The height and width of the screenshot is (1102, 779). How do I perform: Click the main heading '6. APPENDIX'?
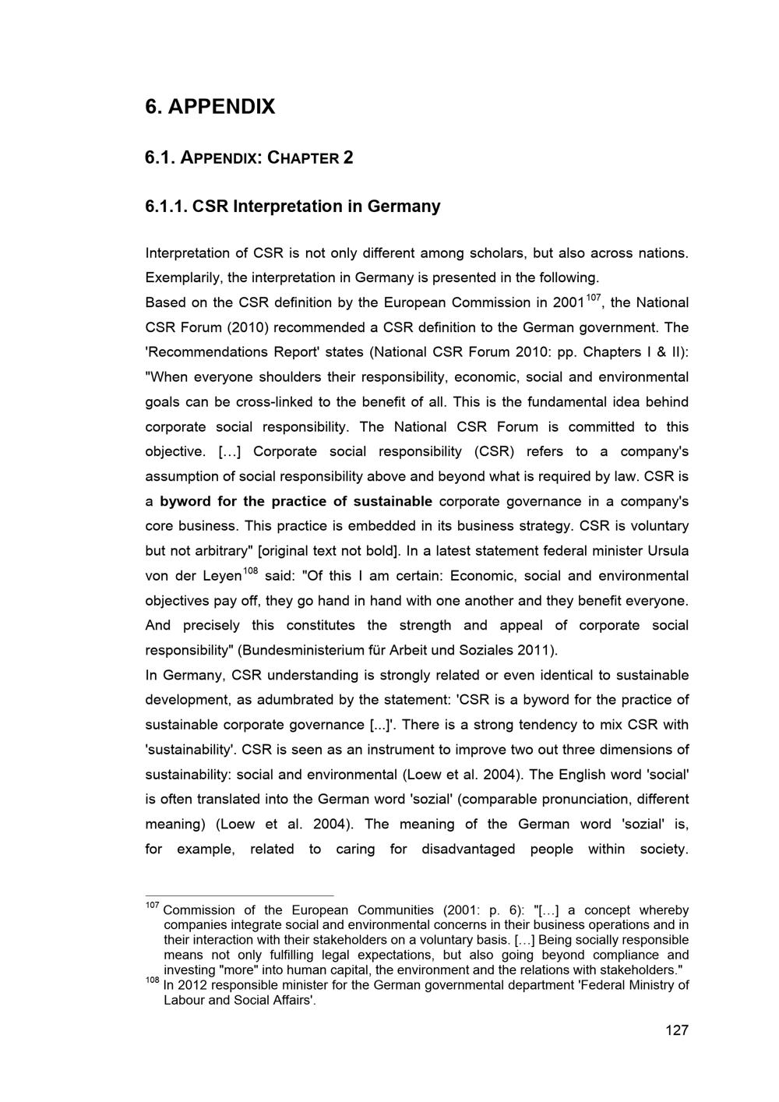[x=210, y=106]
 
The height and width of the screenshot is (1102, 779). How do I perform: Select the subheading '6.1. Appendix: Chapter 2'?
[x=249, y=157]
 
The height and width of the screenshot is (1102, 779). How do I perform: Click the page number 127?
[x=677, y=1030]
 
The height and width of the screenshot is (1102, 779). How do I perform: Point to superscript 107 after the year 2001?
[x=594, y=298]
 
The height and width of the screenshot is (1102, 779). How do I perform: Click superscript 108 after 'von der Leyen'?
[x=250, y=571]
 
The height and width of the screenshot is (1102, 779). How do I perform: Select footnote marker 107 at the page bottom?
[x=152, y=905]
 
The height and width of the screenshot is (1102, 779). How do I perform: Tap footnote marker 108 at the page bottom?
[x=152, y=980]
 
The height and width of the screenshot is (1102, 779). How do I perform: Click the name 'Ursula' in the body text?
[x=668, y=551]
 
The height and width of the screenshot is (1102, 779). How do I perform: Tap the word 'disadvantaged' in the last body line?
[x=468, y=849]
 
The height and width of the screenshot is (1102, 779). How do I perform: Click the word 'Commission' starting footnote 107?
[x=199, y=910]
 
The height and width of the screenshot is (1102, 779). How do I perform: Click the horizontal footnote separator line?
[x=239, y=896]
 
